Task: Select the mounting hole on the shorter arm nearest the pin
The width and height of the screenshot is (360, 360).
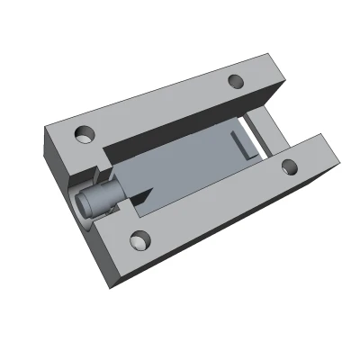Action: click(x=85, y=134)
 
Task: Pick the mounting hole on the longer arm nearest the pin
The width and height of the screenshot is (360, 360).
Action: click(x=139, y=239)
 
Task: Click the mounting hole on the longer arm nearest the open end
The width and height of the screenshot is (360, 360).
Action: click(x=290, y=166)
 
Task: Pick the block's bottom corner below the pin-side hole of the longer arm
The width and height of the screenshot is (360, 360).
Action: click(x=113, y=286)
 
